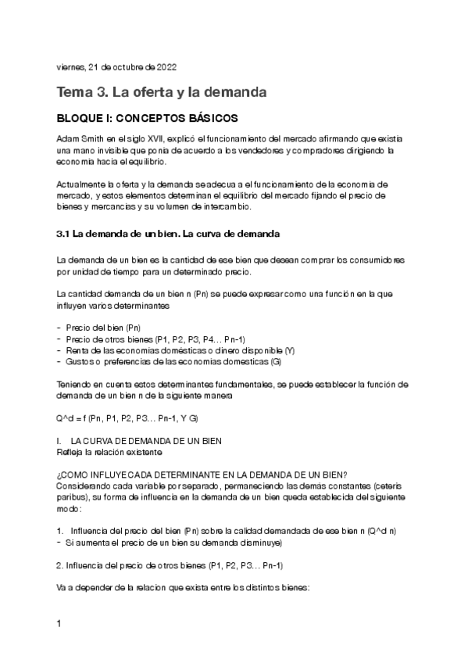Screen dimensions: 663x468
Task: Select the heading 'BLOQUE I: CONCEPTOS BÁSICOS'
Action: [x=147, y=118]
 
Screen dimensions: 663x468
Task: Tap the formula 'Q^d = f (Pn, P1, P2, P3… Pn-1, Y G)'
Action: [x=121, y=418]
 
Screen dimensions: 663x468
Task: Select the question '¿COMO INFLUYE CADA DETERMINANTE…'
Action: [x=202, y=475]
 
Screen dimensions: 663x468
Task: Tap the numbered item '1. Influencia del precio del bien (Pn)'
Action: [x=227, y=531]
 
